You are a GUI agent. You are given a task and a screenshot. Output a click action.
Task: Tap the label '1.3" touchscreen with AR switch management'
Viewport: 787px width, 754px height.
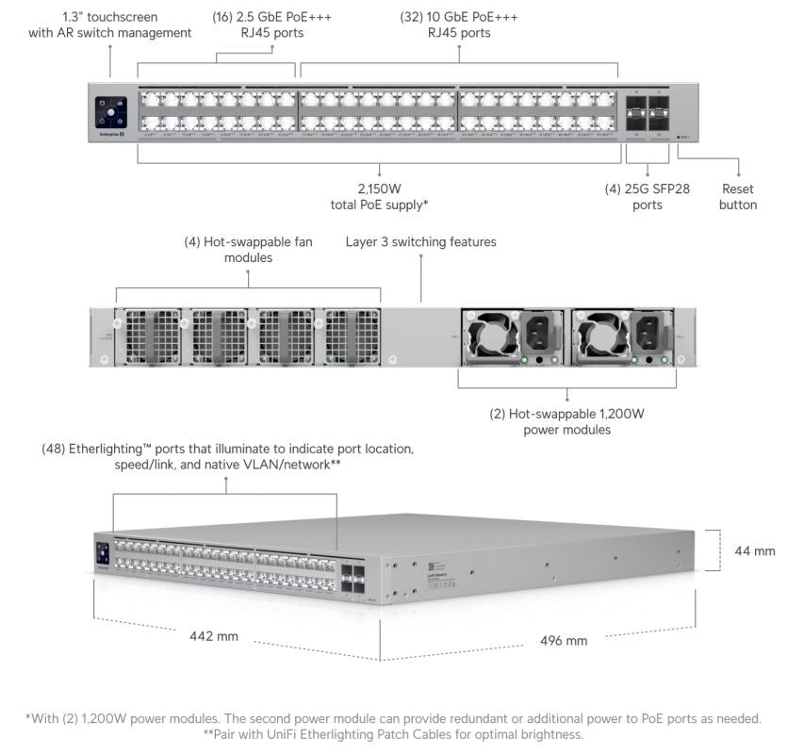109,25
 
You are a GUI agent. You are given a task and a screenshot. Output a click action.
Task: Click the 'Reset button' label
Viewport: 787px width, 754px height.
737,196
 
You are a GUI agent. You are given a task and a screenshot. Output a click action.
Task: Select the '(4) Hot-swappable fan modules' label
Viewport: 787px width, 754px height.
248,249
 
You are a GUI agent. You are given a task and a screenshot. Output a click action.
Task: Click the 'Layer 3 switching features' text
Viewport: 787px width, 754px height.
420,242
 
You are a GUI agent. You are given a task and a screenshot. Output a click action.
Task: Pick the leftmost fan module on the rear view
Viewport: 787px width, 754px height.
149,336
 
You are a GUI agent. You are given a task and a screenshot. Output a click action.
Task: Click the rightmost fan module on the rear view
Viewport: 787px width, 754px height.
352,336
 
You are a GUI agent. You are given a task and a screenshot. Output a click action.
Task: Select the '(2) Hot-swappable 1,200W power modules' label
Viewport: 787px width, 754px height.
566,421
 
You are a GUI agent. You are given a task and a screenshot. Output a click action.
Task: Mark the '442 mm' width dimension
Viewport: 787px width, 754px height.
215,636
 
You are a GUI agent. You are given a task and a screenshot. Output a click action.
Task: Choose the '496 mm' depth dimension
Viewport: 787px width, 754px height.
563,641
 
